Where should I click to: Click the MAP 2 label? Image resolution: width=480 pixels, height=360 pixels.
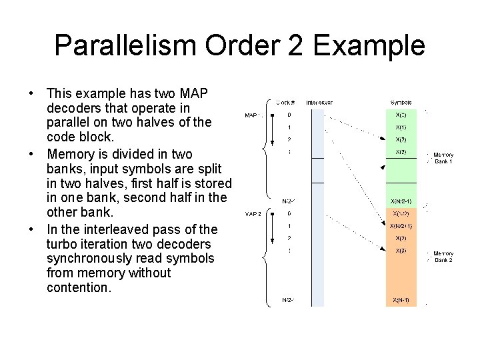pyautogui.click(x=253, y=214)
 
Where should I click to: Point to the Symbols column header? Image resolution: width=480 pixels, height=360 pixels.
pyautogui.click(x=401, y=103)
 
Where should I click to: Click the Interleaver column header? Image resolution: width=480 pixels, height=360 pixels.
pyautogui.click(x=319, y=103)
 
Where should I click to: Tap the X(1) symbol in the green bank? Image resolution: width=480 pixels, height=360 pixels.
pyautogui.click(x=401, y=127)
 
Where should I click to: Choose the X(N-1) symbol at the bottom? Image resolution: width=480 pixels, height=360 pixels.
pyautogui.click(x=401, y=300)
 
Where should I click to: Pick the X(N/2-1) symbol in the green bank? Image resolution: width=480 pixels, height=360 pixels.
pyautogui.click(x=401, y=201)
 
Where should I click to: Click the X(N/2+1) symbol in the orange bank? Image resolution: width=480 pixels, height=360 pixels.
pyautogui.click(x=401, y=226)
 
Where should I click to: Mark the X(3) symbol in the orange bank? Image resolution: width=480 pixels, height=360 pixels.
pyautogui.click(x=401, y=251)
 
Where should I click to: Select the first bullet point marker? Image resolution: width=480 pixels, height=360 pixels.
pyautogui.click(x=31, y=92)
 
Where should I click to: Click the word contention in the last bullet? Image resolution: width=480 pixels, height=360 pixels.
pyautogui.click(x=77, y=288)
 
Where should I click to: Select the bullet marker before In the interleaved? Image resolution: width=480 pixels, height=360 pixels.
pyautogui.click(x=31, y=229)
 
